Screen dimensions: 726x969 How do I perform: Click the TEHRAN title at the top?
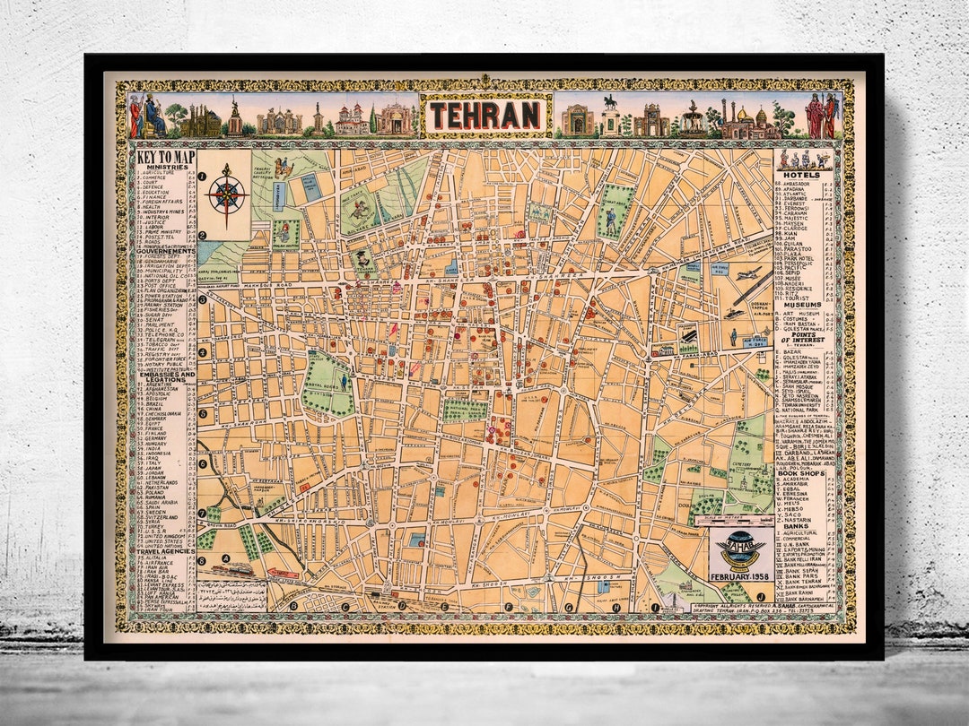click(484, 116)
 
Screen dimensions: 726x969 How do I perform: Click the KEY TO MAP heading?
click(165, 158)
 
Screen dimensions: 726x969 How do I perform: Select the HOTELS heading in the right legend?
click(801, 175)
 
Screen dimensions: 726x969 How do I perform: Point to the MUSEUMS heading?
click(801, 305)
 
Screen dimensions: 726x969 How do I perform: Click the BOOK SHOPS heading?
click(801, 471)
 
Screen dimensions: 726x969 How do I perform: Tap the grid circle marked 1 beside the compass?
click(204, 177)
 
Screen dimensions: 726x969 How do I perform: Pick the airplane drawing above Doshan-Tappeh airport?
click(747, 273)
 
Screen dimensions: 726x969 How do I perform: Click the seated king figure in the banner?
click(153, 117)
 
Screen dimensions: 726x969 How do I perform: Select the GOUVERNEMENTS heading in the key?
click(165, 251)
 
